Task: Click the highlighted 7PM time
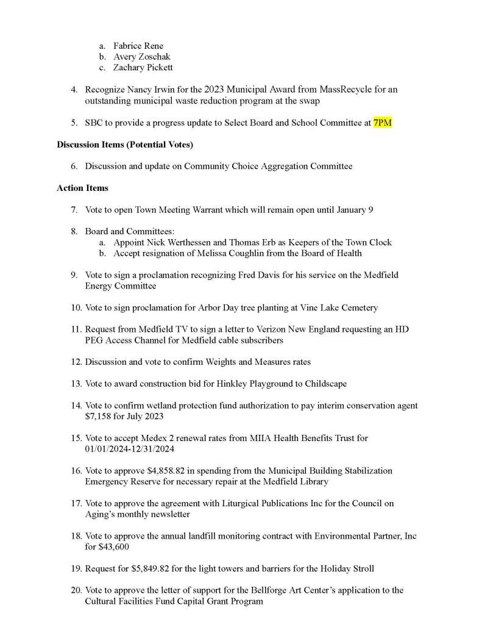click(x=382, y=123)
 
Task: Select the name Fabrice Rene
click(x=138, y=46)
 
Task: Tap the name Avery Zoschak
click(x=142, y=57)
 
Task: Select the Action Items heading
click(x=82, y=188)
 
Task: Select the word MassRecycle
click(x=343, y=90)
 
